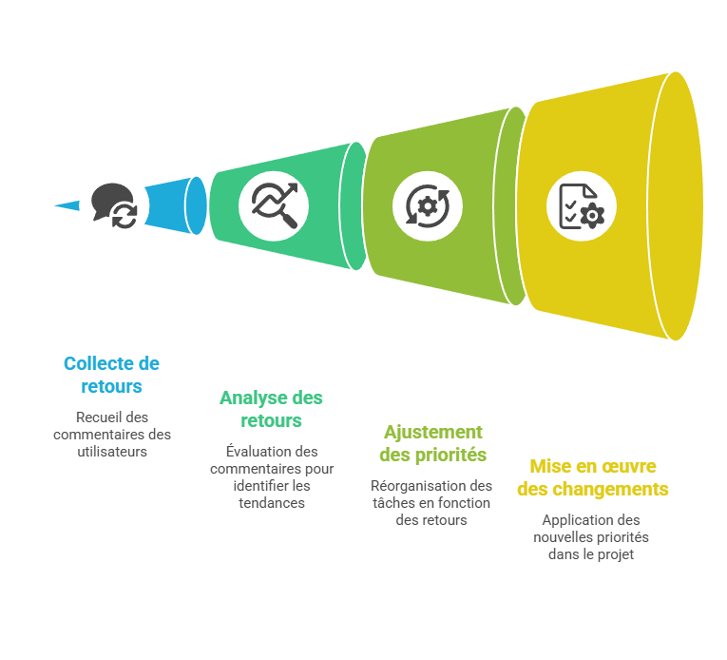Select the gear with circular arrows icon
(428, 204)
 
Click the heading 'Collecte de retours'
(111, 375)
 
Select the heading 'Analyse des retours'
(271, 408)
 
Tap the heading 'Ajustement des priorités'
(432, 443)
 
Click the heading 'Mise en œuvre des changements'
(592, 477)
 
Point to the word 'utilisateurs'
(112, 452)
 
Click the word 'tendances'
(272, 503)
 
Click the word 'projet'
(614, 554)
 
